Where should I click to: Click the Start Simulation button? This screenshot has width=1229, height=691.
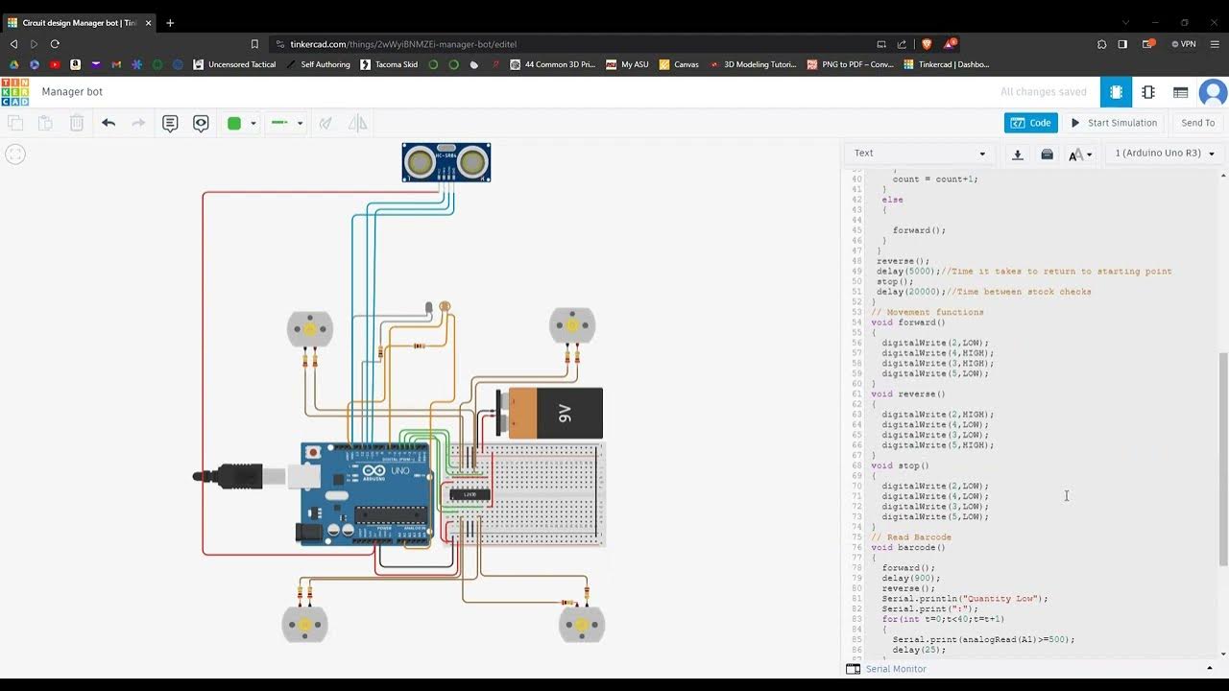tap(1114, 123)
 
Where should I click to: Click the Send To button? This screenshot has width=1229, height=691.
tap(1197, 123)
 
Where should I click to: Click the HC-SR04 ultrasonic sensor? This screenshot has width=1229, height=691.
tap(446, 162)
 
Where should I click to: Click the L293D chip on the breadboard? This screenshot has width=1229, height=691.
tap(470, 494)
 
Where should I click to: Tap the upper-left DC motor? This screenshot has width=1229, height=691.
tap(310, 329)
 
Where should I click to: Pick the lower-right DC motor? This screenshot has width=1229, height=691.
tap(582, 625)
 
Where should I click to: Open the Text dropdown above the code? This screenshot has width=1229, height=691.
tap(919, 154)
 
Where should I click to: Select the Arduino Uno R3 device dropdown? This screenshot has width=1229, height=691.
tap(1165, 154)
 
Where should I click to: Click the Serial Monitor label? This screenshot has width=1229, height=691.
tap(895, 669)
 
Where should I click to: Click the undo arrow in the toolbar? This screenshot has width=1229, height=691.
tap(108, 123)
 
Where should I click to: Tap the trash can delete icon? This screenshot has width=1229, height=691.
tap(77, 123)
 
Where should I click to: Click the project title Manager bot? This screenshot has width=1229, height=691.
tap(72, 92)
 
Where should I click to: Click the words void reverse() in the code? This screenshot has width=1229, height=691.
tap(907, 393)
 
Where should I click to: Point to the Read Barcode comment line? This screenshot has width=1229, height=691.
tap(912, 537)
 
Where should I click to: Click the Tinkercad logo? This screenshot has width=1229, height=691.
tap(14, 92)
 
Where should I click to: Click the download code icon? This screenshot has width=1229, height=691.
tap(1018, 154)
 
